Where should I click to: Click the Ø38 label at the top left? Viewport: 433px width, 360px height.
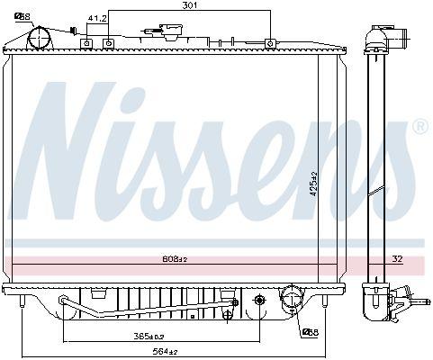pyautogui.click(x=21, y=15)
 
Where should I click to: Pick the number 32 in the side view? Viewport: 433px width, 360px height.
pyautogui.click(x=397, y=259)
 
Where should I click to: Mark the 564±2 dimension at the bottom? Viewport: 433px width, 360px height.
pyautogui.click(x=166, y=351)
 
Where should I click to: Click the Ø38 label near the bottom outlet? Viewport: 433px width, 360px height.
pyautogui.click(x=310, y=332)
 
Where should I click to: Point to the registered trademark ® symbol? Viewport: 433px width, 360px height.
pyautogui.click(x=419, y=128)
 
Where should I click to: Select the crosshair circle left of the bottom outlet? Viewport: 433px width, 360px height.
pyautogui.click(x=260, y=300)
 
